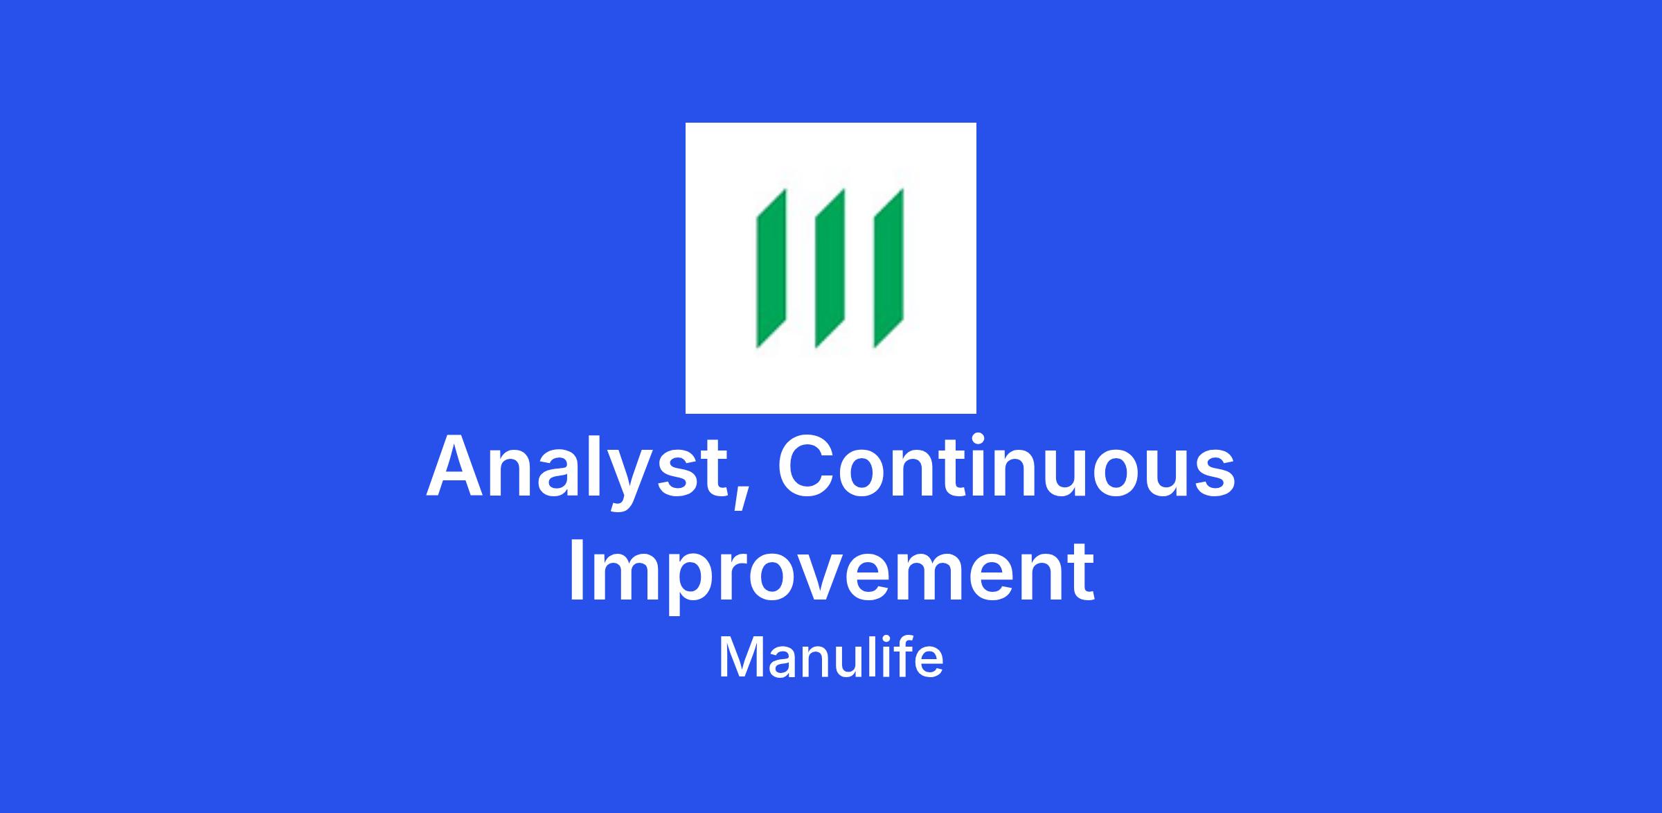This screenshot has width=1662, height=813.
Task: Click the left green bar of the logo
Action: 771,268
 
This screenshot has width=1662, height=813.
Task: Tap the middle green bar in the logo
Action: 830,268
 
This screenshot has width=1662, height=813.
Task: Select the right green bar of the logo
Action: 888,268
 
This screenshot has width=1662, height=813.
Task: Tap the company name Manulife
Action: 831,658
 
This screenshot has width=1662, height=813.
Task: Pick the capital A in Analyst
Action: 454,466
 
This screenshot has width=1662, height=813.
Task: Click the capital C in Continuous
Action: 805,466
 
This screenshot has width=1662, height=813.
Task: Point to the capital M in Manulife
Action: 738,658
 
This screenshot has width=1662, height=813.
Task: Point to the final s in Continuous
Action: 1215,475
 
